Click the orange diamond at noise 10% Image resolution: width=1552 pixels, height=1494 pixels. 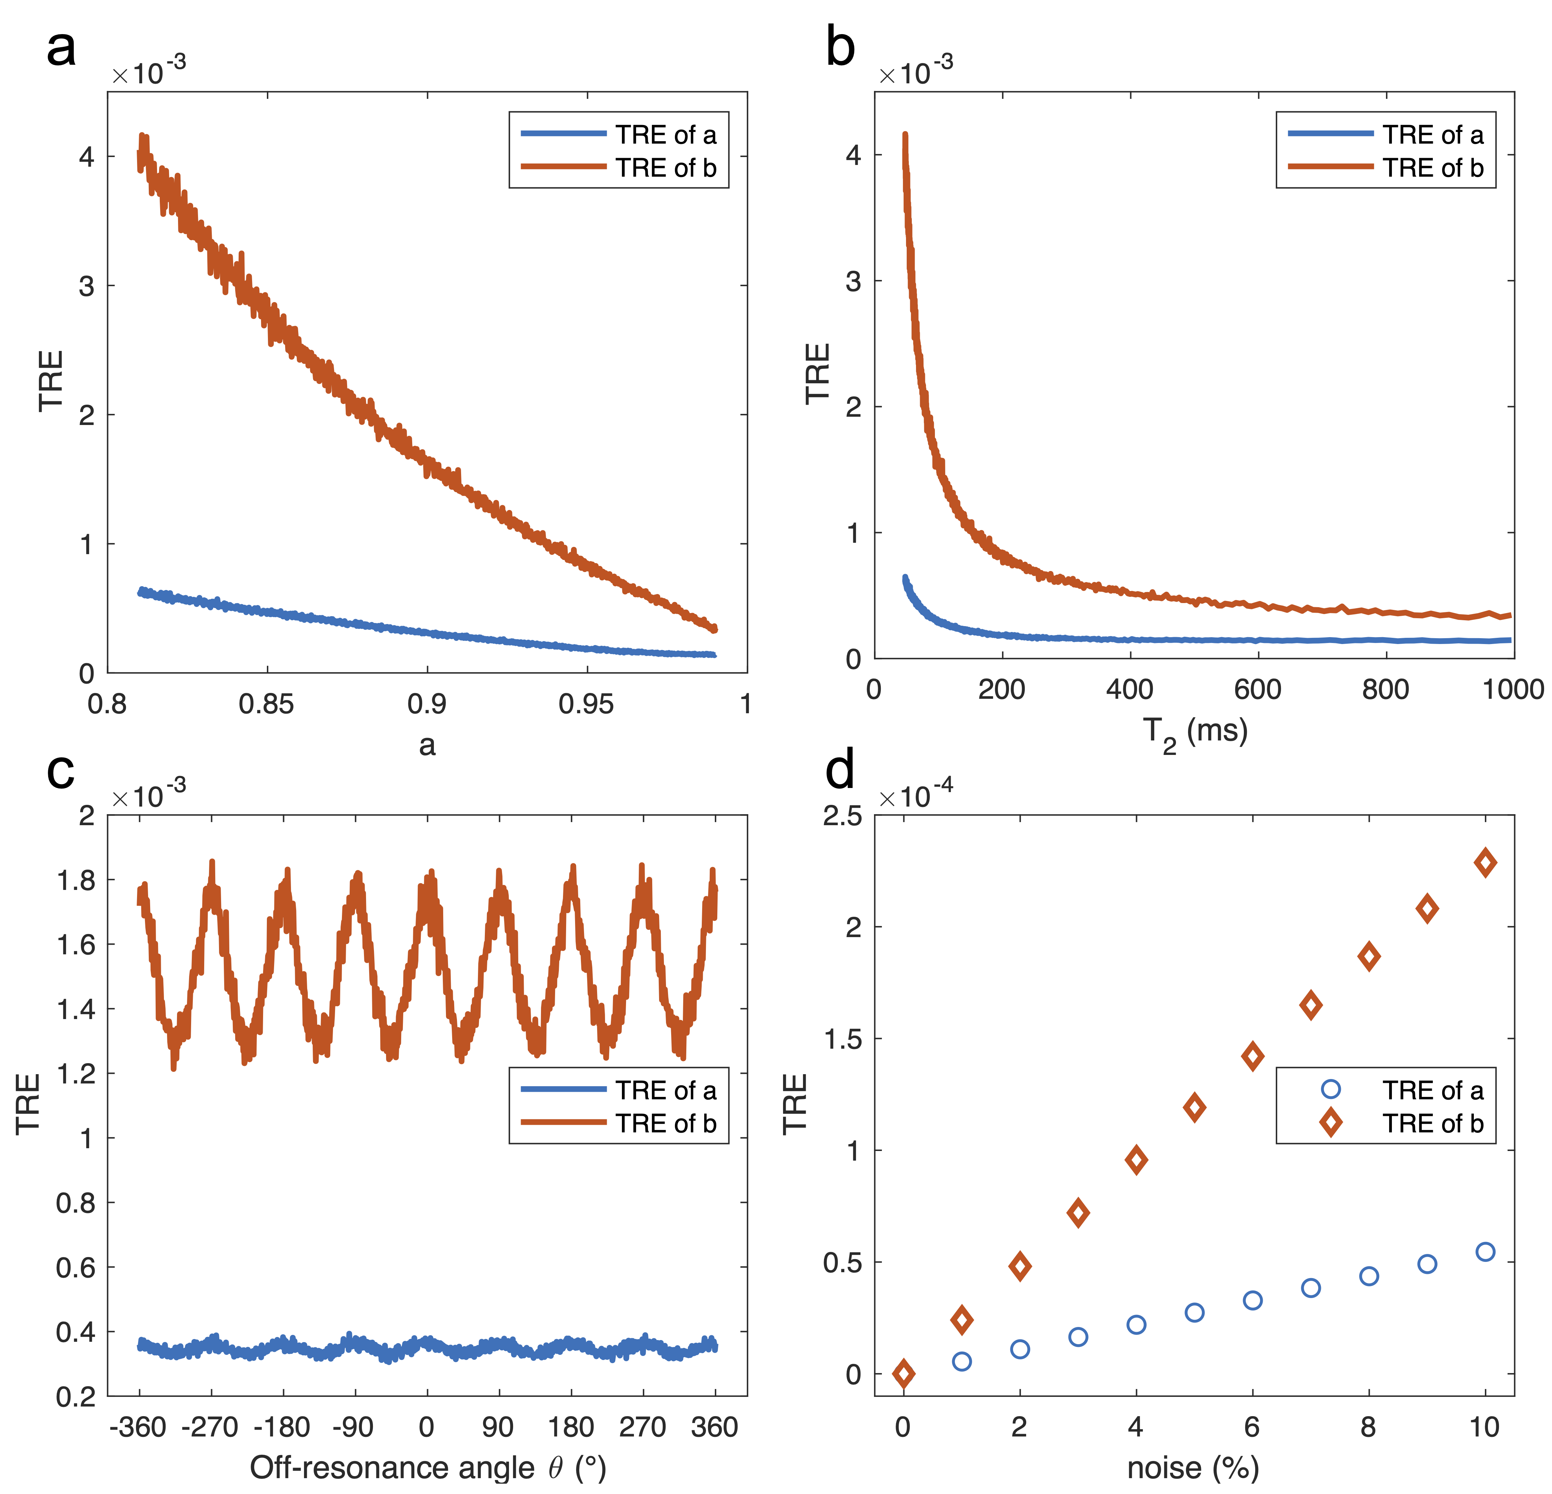(x=1485, y=862)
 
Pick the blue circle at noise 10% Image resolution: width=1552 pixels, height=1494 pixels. (x=1485, y=1252)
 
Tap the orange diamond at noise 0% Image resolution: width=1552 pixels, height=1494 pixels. (x=904, y=1374)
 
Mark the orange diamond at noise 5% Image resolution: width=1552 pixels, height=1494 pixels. (x=1194, y=1107)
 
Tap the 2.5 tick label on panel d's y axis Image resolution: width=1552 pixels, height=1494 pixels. (x=843, y=816)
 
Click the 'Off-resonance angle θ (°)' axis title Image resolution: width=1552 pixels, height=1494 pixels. (x=428, y=1468)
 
